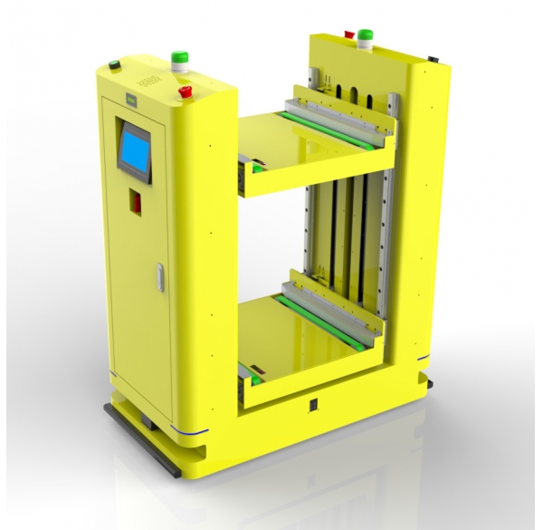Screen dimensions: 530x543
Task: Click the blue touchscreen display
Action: [x=136, y=149]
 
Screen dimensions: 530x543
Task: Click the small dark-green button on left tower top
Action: [x=114, y=64]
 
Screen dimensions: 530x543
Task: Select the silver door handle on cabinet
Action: [x=160, y=277]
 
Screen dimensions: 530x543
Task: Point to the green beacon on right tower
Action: [x=366, y=35]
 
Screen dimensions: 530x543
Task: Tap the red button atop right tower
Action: [x=348, y=34]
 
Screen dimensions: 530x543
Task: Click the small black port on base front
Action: [x=312, y=405]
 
